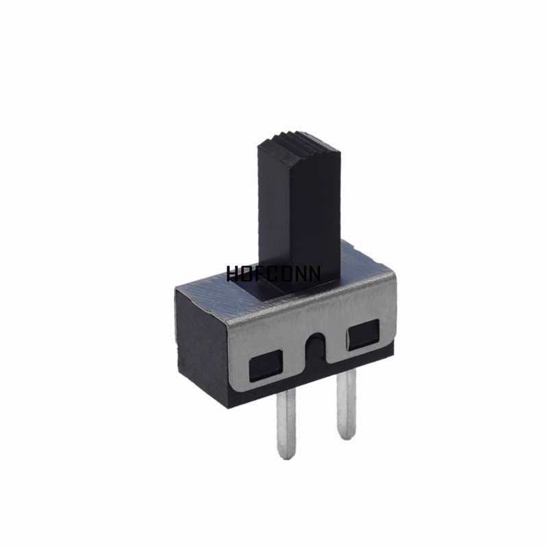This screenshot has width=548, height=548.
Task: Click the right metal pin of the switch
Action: coord(347,403)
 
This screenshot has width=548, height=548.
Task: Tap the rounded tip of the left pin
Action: coord(286,456)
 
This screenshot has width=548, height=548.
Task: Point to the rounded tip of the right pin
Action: coord(347,436)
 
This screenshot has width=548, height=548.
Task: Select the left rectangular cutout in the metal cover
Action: coord(266,366)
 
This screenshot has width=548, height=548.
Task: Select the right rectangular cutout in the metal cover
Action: coord(364,334)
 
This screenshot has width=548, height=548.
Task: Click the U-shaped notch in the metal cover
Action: coord(315,349)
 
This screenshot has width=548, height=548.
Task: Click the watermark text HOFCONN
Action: coord(273,273)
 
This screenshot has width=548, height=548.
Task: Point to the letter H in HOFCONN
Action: coord(232,273)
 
